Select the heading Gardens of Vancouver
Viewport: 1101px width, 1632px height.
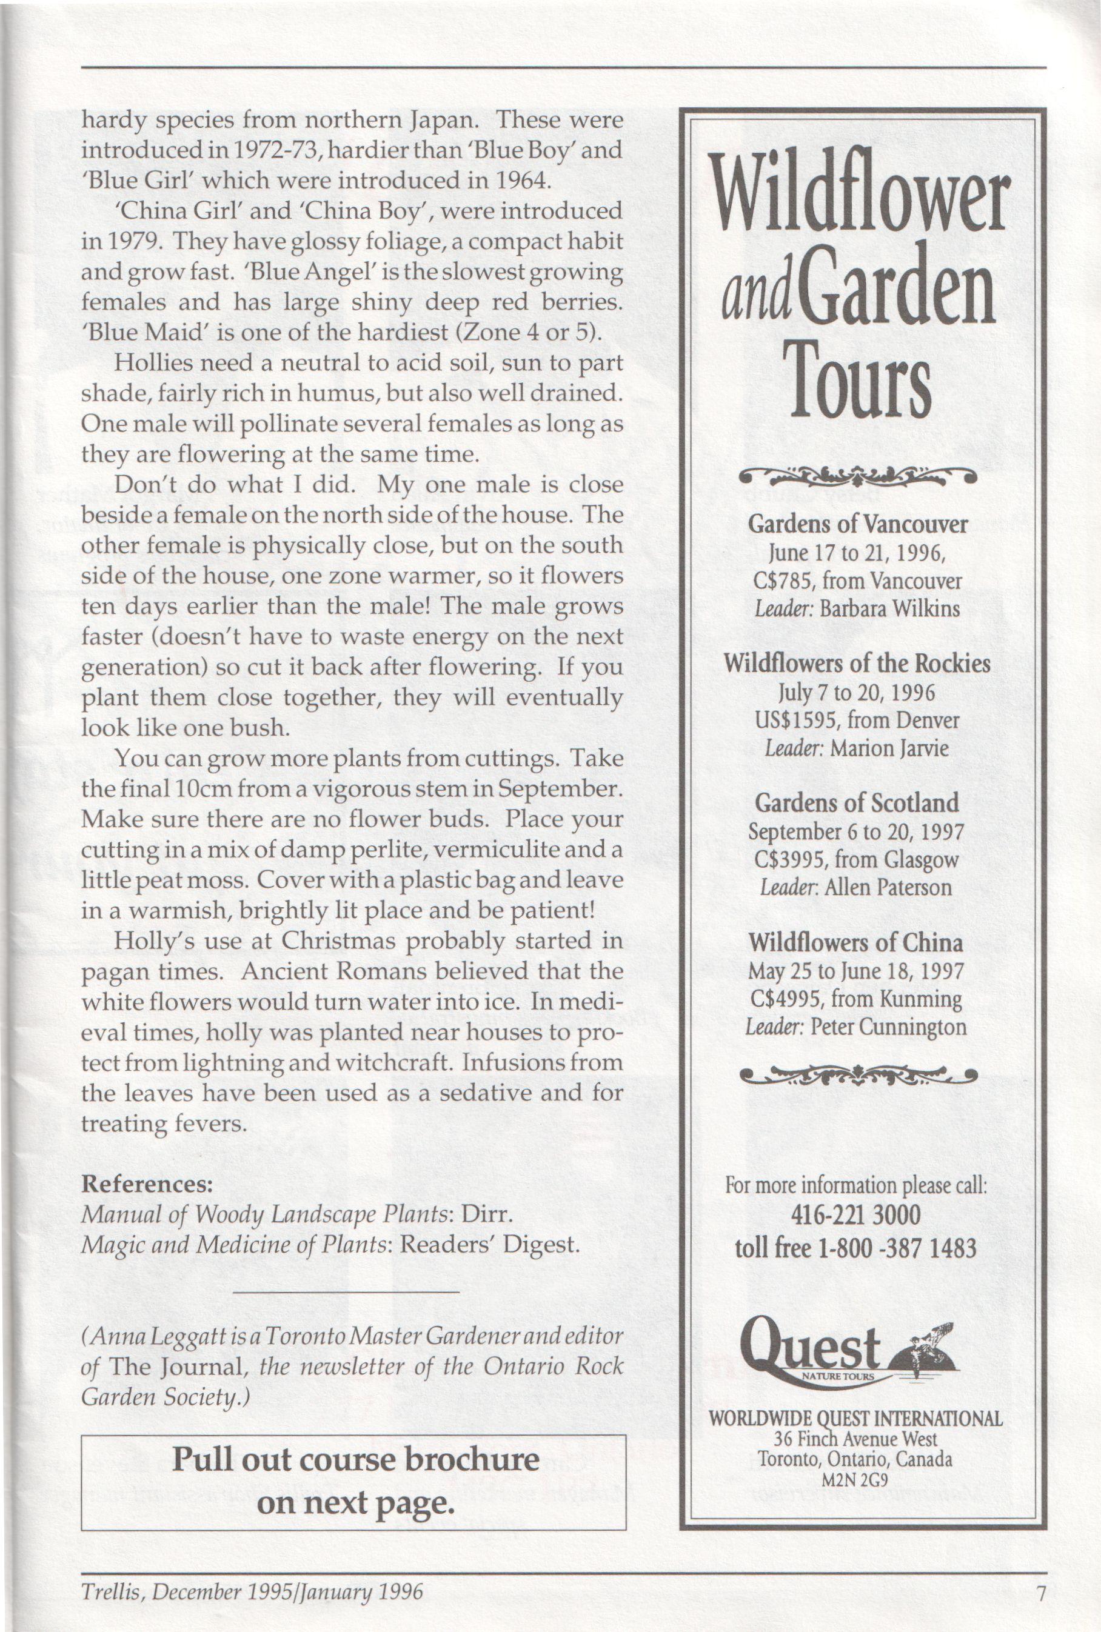tap(857, 524)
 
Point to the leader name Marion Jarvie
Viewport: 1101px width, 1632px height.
tap(889, 748)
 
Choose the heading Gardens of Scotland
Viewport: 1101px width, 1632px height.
tap(857, 802)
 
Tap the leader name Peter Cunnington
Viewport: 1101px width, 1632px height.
tap(888, 1027)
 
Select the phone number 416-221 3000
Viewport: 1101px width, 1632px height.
tap(856, 1215)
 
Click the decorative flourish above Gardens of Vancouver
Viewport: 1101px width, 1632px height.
tap(857, 476)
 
